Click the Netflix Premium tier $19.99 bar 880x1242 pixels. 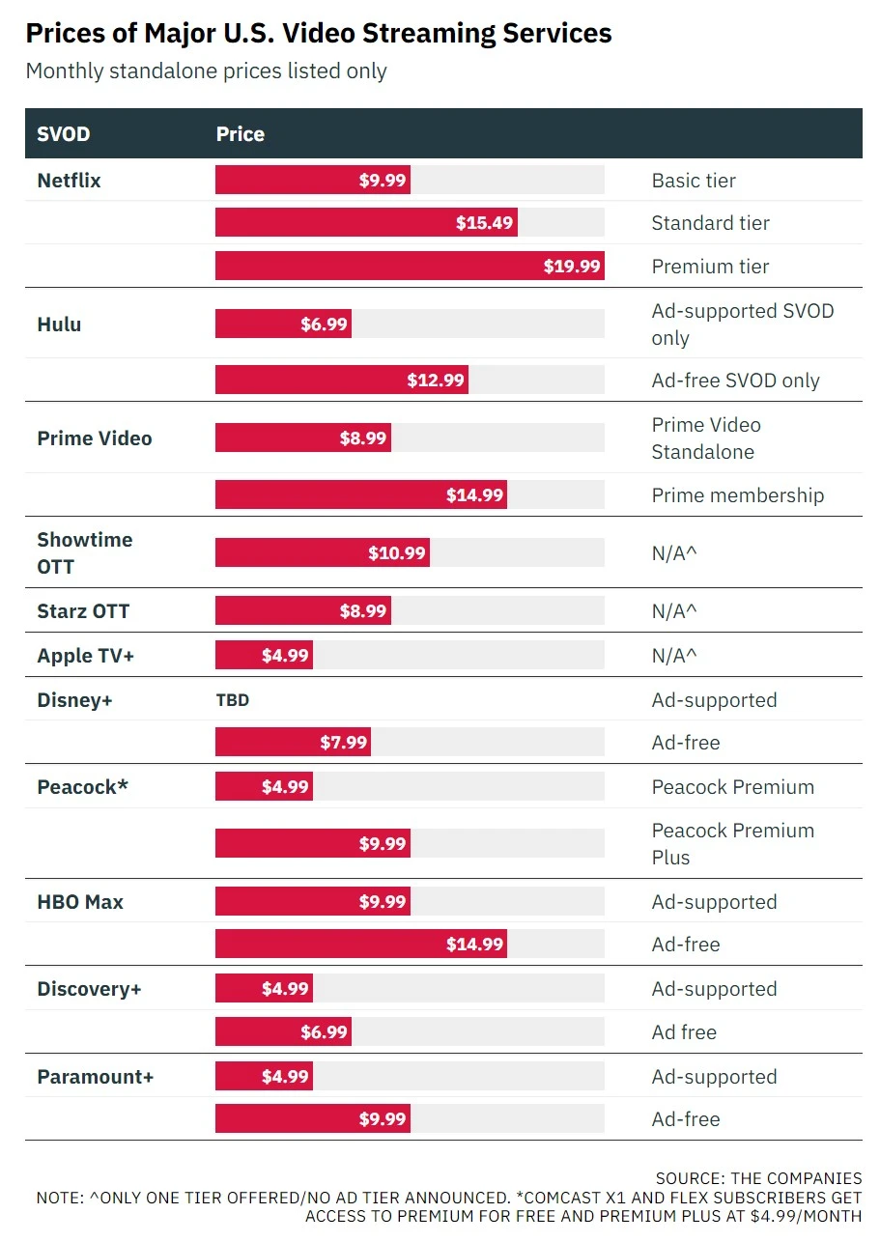[410, 266]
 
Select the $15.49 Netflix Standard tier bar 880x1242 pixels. [366, 223]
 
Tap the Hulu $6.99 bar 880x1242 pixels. [283, 325]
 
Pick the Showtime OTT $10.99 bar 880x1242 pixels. [323, 553]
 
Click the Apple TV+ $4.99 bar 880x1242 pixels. [264, 656]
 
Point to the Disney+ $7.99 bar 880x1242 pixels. [293, 743]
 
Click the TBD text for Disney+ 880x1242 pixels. [233, 700]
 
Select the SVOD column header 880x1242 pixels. [64, 134]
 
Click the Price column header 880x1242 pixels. [241, 134]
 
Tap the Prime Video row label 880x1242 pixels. [95, 438]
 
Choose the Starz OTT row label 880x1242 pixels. [83, 611]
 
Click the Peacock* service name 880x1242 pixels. [83, 787]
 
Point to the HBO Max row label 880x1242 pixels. [80, 902]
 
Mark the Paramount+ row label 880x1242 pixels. [96, 1077]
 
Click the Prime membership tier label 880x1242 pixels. [738, 495]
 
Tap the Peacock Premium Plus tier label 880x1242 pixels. [732, 843]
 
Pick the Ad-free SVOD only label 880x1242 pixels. [735, 381]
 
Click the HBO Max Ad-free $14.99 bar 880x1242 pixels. [361, 945]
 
